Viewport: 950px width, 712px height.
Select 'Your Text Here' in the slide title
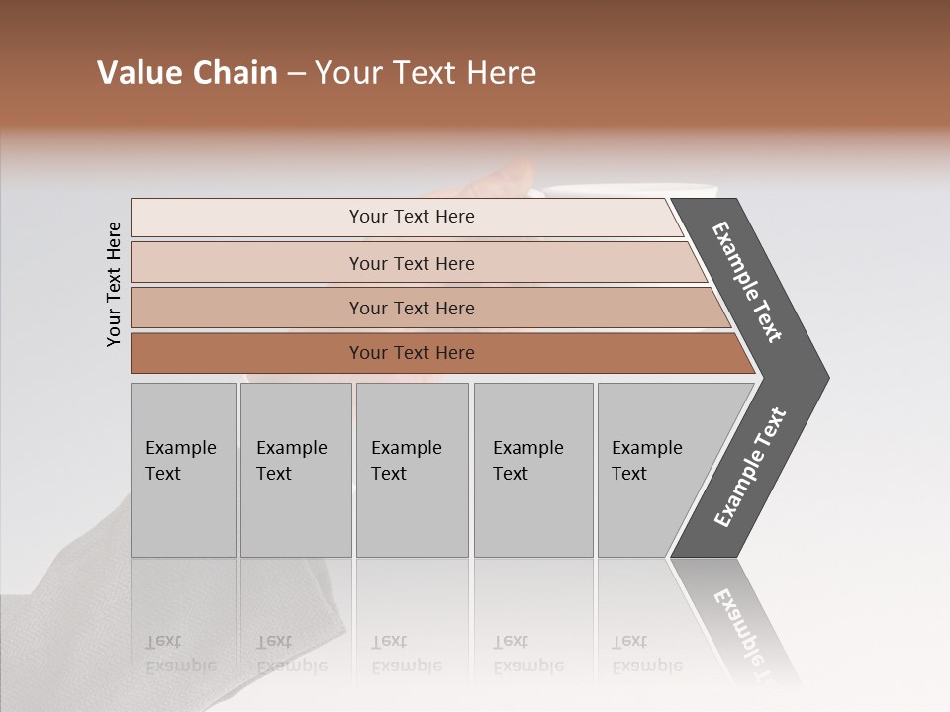pos(426,73)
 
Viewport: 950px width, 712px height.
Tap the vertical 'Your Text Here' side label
pos(114,284)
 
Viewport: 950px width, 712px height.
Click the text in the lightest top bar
pos(412,217)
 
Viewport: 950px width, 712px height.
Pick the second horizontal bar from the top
pos(412,263)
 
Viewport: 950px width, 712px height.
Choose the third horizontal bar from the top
pos(412,308)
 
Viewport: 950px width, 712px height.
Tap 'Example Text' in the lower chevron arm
pos(750,467)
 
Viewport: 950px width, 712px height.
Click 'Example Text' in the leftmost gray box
pos(181,461)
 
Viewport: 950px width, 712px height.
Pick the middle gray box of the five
pos(412,470)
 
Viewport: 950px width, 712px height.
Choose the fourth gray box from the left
pos(532,470)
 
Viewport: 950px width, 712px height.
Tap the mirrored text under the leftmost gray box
pos(180,654)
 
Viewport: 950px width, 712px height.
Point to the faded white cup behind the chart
pos(633,190)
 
